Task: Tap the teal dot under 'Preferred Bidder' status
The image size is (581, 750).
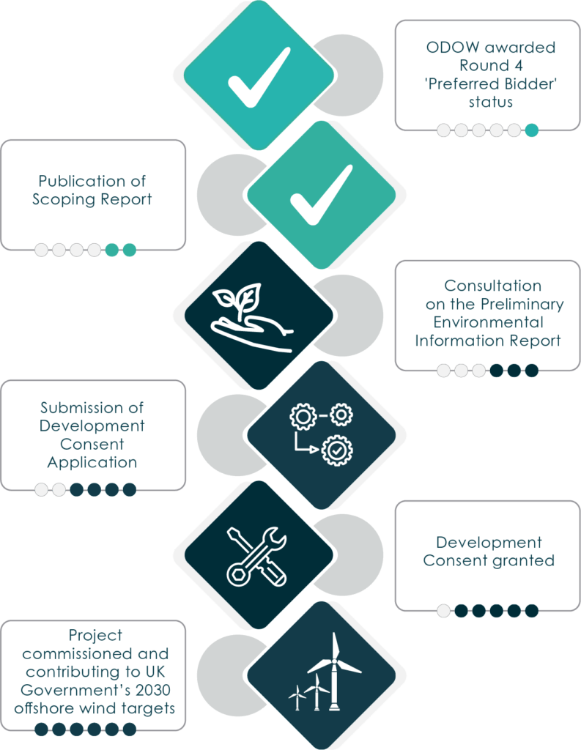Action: click(x=532, y=130)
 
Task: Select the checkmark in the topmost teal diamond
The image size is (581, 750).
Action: click(x=259, y=77)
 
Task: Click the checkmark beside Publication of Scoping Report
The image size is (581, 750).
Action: click(x=322, y=195)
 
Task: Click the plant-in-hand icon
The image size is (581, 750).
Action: click(x=252, y=318)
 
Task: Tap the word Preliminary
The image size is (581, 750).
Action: click(x=522, y=305)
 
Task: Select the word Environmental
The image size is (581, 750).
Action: click(x=488, y=322)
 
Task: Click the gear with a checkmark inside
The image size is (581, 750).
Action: click(x=337, y=450)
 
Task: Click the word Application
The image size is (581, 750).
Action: click(x=92, y=463)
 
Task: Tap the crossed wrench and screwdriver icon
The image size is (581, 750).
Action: click(x=256, y=557)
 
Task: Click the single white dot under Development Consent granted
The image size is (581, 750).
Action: click(x=444, y=611)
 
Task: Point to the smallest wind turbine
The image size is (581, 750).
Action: click(x=297, y=698)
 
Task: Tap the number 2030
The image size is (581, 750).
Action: click(x=152, y=690)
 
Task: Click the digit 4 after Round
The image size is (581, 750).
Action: click(x=518, y=65)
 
